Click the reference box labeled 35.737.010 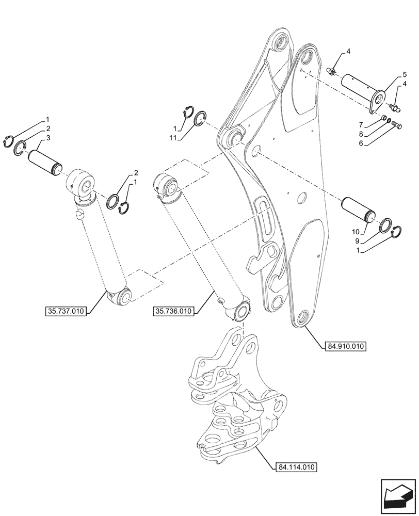tap(66, 311)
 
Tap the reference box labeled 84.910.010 tap(345, 347)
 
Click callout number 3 tap(49, 138)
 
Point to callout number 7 tap(361, 125)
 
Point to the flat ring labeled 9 tap(385, 226)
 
